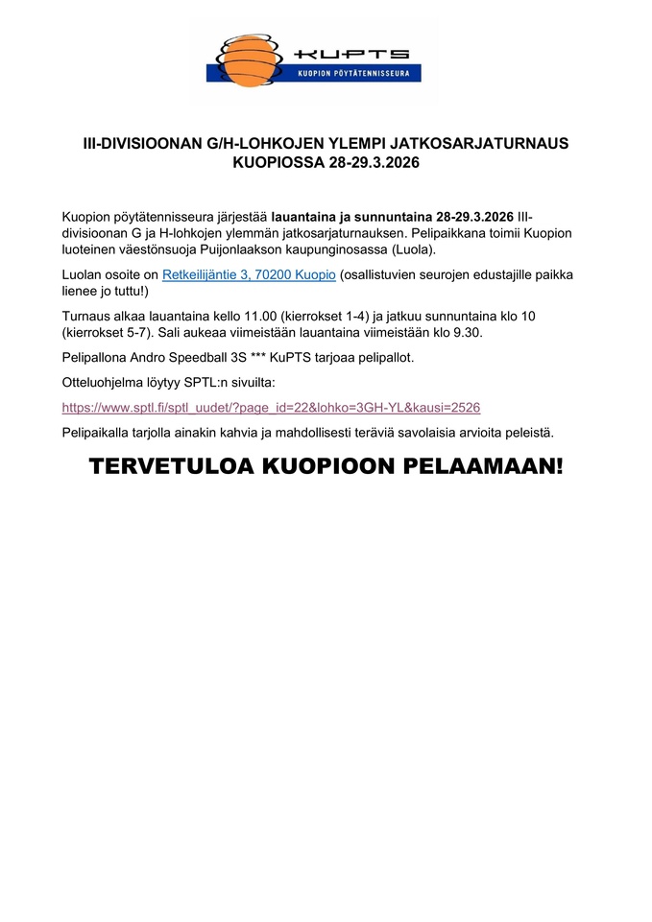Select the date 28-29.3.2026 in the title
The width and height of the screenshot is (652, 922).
click(x=374, y=163)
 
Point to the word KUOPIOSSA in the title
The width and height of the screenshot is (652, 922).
click(x=278, y=163)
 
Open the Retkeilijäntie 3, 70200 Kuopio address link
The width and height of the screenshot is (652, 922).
click(x=249, y=274)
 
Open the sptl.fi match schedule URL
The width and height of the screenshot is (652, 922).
click(x=271, y=407)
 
